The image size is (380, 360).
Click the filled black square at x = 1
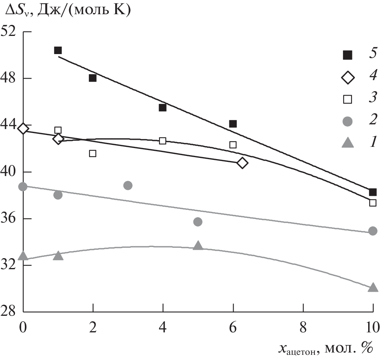tap(58, 50)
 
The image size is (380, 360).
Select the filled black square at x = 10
tap(373, 192)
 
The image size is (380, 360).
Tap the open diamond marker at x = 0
tap(23, 128)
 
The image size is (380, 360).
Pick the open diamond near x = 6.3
tap(242, 163)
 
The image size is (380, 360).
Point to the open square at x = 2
tap(93, 153)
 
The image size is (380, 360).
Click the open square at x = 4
tap(163, 141)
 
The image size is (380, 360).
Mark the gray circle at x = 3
tap(128, 185)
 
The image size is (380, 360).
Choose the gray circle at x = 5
tap(198, 222)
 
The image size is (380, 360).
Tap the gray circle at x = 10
tap(373, 231)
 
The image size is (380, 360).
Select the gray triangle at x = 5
tap(198, 246)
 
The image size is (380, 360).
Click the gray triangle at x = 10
tap(373, 288)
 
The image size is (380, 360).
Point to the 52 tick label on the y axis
tap(11, 32)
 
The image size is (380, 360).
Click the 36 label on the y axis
tap(11, 218)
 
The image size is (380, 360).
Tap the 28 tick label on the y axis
tap(11, 312)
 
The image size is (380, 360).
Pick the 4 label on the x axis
tap(163, 327)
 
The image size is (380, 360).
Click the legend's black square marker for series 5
tap(347, 55)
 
